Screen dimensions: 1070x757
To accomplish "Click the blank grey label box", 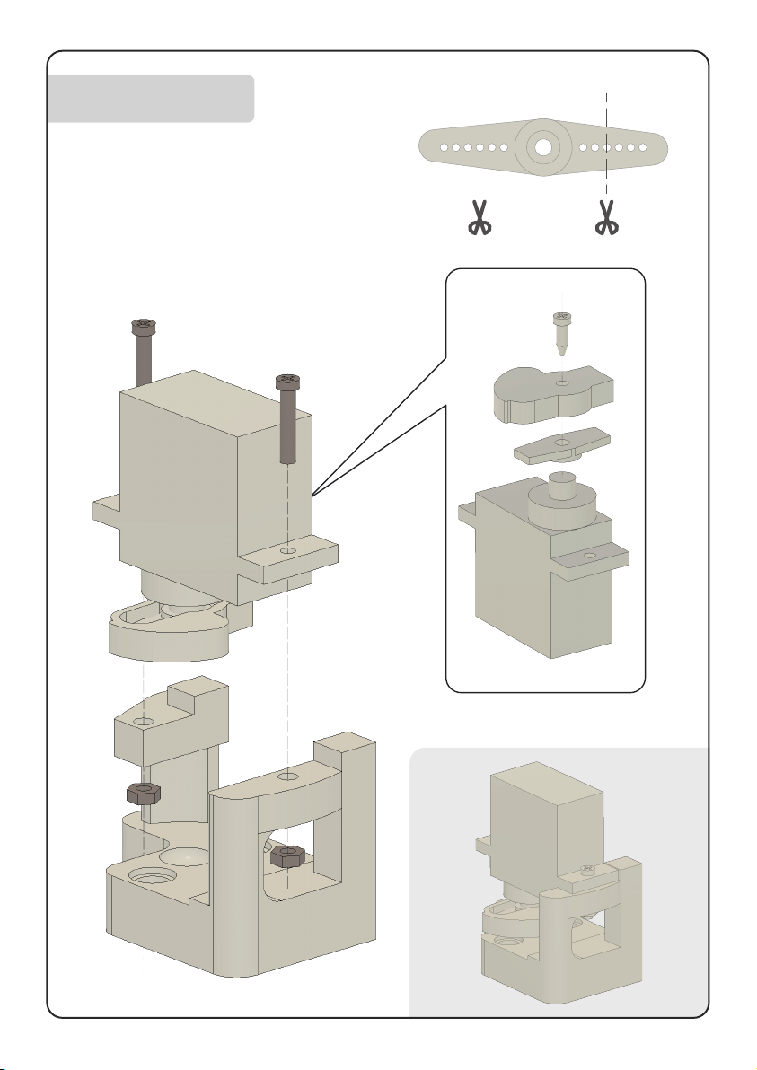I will tap(151, 99).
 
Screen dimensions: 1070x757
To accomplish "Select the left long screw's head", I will tap(141, 325).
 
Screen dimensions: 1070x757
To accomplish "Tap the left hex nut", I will tap(144, 793).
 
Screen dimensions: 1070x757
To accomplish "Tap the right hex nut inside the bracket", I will tap(285, 858).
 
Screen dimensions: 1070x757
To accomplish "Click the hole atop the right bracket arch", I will tap(287, 774).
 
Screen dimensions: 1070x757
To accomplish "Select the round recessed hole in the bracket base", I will tap(147, 873).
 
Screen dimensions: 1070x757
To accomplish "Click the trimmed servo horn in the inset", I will tap(561, 444).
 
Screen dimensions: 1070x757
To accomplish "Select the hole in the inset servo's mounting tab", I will tap(589, 557).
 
